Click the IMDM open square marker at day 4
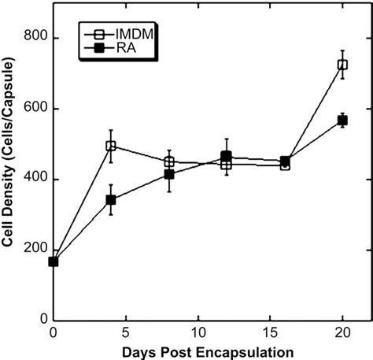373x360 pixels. pos(111,146)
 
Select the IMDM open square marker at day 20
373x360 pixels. pos(342,65)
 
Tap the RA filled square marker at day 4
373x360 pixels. pos(111,200)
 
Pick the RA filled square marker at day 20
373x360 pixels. pos(342,121)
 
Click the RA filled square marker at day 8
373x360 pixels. pos(169,174)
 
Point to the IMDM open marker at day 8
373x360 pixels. pos(169,162)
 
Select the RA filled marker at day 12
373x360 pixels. pos(227,157)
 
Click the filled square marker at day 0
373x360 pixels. pos(54,262)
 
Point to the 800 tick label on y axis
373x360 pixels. pos(35,39)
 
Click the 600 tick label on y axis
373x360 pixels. pos(35,109)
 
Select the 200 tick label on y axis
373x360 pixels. pos(35,250)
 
